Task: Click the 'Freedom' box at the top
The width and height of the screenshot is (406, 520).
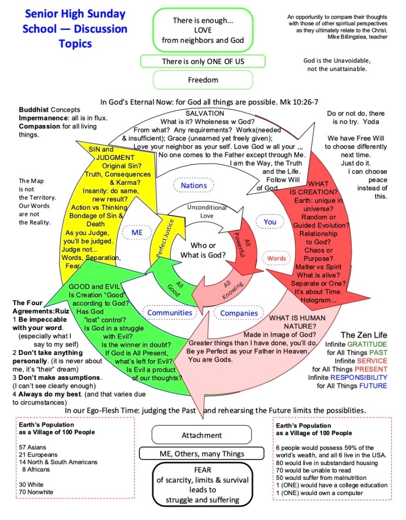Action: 203,80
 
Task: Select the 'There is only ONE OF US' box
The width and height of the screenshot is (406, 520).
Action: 203,61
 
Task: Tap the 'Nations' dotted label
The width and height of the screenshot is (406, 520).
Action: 194,185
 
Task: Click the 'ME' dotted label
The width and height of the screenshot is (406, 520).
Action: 137,232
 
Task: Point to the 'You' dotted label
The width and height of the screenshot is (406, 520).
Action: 270,221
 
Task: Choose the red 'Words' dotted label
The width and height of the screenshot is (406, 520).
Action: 276,258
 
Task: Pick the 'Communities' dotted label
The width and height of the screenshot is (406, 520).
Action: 170,313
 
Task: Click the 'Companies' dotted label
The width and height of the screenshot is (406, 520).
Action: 239,313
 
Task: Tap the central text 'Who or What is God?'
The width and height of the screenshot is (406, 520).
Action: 203,250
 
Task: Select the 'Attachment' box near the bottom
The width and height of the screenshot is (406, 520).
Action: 202,435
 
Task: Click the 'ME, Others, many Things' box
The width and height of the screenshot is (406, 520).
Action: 202,454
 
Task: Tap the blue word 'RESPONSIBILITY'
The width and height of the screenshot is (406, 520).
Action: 358,377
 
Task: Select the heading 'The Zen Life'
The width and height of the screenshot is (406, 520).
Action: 363,335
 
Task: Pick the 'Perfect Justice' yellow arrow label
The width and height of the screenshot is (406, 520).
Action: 164,238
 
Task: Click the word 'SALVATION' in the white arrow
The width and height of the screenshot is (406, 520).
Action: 205,113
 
